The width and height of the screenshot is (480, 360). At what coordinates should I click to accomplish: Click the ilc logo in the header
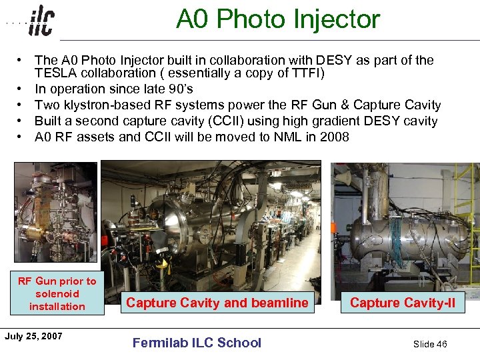point(41,21)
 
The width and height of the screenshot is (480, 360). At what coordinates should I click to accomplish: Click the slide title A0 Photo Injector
point(277,19)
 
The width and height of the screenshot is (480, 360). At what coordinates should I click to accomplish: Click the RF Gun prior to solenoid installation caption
point(57,293)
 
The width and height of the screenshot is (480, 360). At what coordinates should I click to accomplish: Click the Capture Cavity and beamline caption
point(217,303)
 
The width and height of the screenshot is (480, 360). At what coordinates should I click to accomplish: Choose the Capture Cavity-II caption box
point(403,303)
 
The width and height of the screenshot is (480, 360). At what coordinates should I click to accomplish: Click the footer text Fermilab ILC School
point(197,343)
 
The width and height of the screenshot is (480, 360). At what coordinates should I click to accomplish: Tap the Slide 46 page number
point(430,344)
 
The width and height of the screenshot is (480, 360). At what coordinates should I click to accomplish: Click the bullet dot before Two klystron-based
point(22,105)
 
